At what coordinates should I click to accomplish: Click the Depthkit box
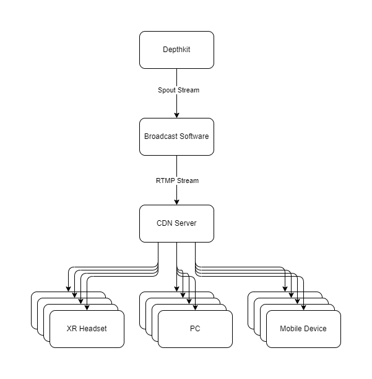click(x=176, y=50)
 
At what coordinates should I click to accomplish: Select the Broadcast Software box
click(x=176, y=136)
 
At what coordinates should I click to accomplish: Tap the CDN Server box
click(x=176, y=223)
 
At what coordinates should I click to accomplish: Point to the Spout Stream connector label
click(x=178, y=90)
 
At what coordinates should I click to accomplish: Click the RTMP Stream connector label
click(x=177, y=181)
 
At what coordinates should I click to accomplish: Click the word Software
click(x=193, y=136)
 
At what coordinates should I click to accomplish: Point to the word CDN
click(x=165, y=223)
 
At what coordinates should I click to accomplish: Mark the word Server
click(x=185, y=223)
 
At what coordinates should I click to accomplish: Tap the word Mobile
click(x=291, y=329)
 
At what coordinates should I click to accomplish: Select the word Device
click(x=315, y=329)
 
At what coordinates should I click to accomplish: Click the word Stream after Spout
click(x=188, y=90)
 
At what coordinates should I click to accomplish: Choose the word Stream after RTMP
click(x=188, y=181)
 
